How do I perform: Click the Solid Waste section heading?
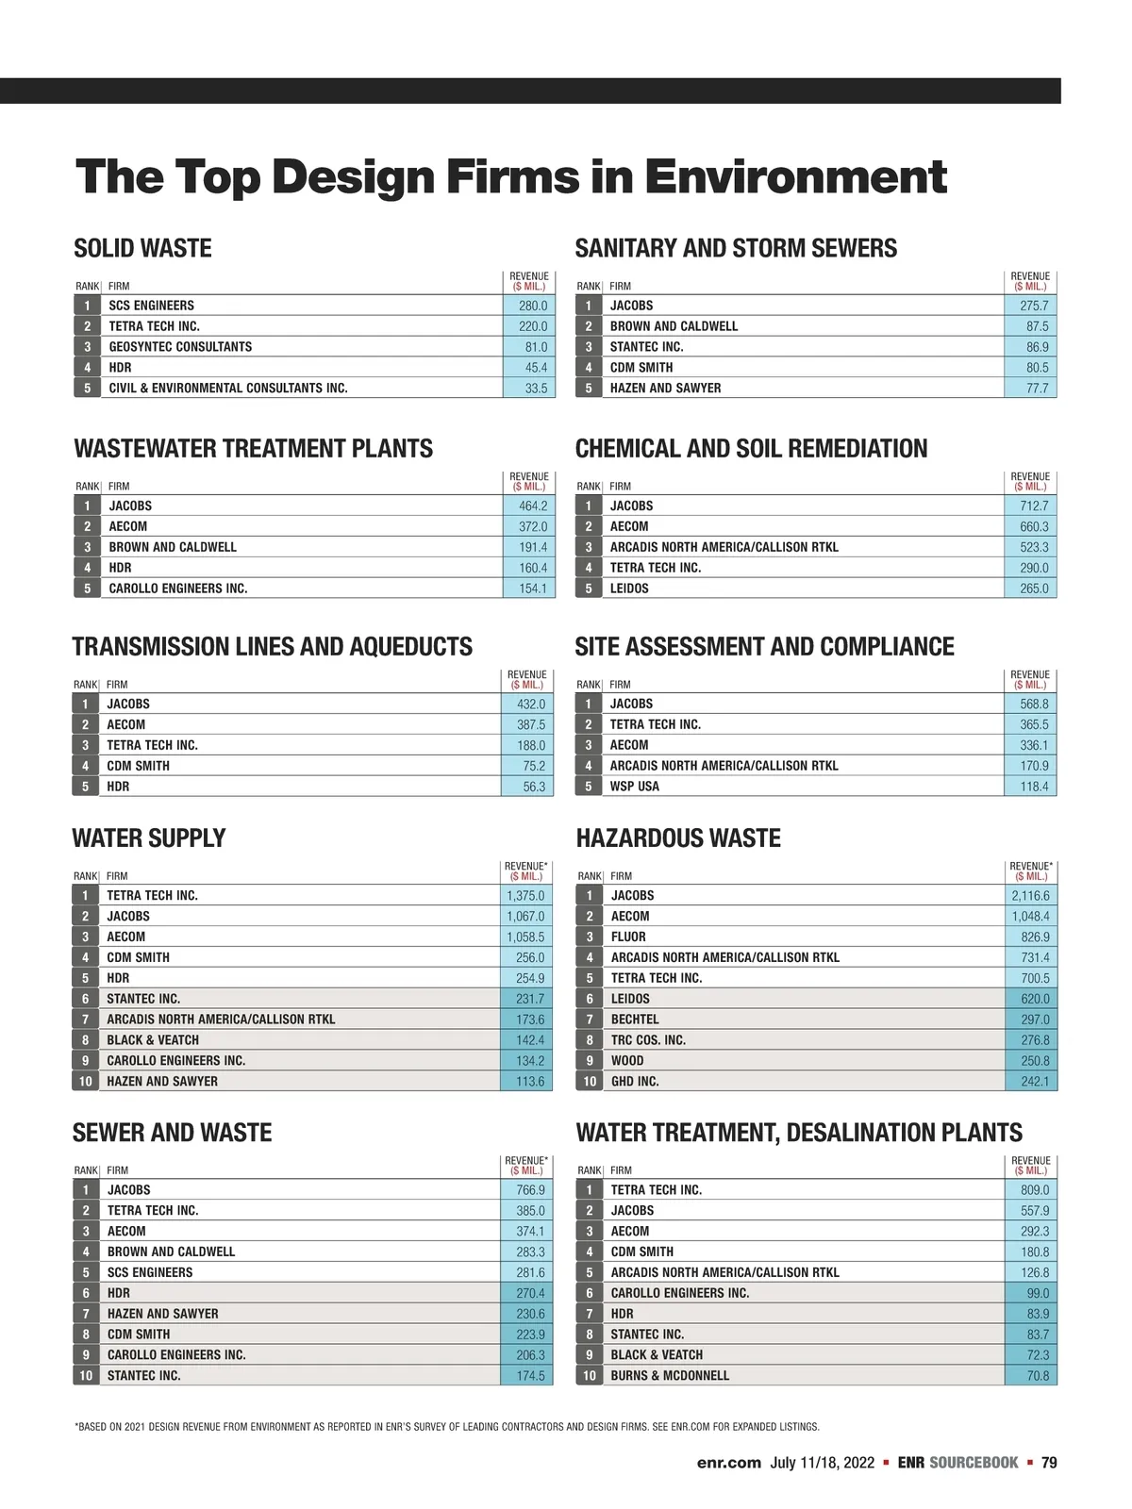tap(142, 248)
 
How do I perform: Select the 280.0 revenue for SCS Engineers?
tap(532, 306)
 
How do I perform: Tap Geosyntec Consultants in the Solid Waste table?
tap(180, 347)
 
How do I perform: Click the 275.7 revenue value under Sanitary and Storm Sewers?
tap(1033, 306)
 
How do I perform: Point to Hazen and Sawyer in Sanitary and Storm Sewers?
tap(665, 389)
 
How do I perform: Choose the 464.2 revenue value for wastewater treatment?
tap(532, 506)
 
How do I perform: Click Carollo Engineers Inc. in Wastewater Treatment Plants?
tap(177, 589)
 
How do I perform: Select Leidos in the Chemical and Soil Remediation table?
tap(629, 589)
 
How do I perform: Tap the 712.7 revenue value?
tap(1033, 506)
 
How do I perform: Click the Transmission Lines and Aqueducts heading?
tap(272, 647)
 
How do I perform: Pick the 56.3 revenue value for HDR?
tap(533, 787)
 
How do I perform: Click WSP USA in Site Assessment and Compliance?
tap(634, 787)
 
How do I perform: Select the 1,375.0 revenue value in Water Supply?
tap(525, 896)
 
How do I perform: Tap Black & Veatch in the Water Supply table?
tap(153, 1040)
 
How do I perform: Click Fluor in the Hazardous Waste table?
tap(628, 937)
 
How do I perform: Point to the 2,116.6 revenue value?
tap(1030, 896)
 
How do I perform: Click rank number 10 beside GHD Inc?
tap(590, 1082)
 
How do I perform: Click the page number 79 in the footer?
tap(1049, 1463)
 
